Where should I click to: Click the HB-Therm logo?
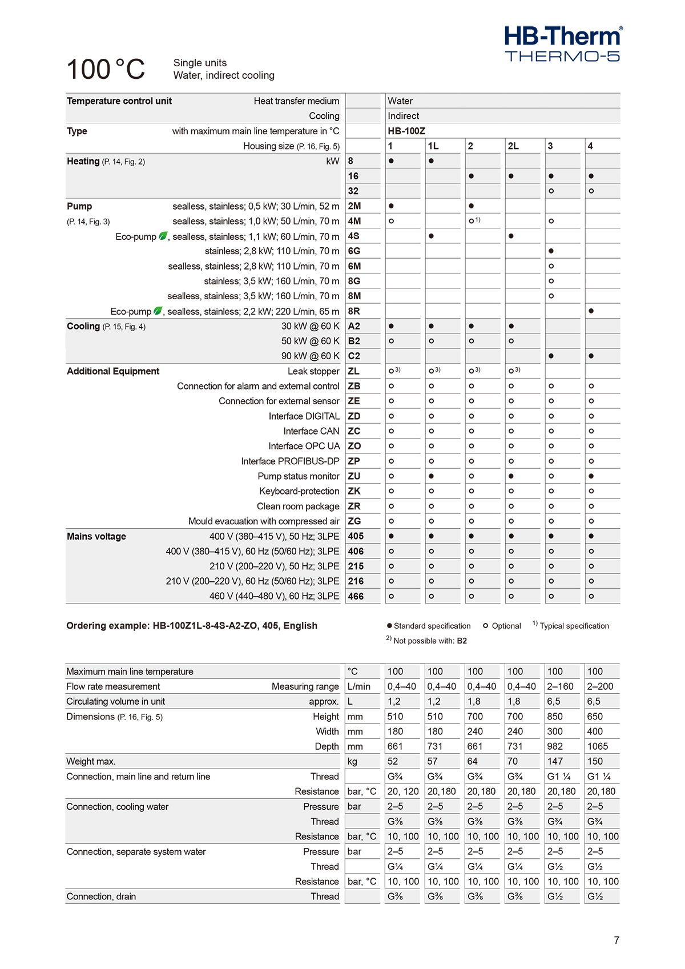coord(563,43)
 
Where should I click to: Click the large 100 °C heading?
coord(106,70)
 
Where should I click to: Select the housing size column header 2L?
coord(513,146)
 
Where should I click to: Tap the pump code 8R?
coord(354,311)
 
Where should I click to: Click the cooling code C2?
coord(354,356)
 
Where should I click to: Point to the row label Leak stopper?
coord(313,371)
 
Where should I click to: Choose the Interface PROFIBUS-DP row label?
coord(290,461)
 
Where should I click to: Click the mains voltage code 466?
coord(356,596)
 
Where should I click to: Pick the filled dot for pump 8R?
coord(591,311)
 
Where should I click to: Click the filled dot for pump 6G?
coord(551,251)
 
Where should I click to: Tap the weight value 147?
coord(555,761)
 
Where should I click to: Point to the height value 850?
coord(555,717)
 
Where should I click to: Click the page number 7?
coord(616,940)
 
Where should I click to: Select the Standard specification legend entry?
coord(429,626)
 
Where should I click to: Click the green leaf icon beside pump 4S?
coord(163,236)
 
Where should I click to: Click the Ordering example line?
coord(192,626)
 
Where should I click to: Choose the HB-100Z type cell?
coord(406,131)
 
